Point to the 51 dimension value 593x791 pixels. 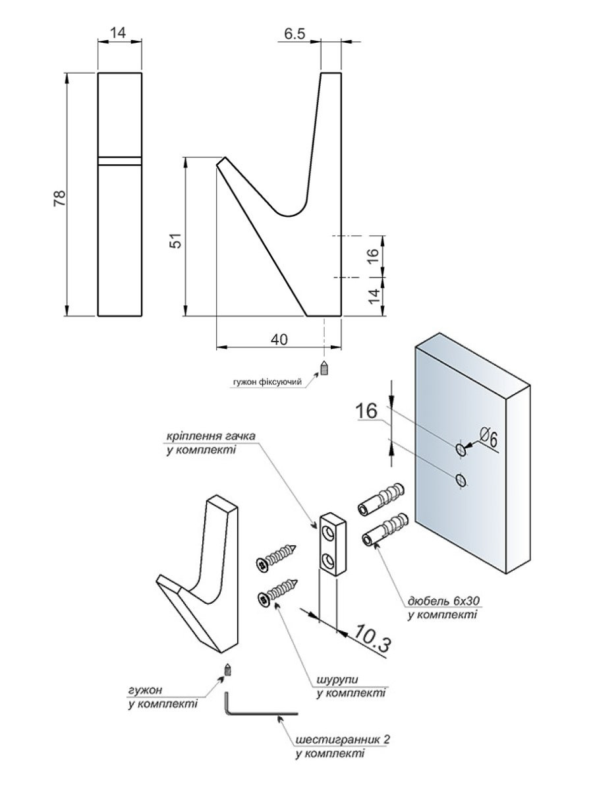click(175, 242)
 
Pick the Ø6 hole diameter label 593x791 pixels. click(488, 436)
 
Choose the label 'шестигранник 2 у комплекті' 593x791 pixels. click(342, 746)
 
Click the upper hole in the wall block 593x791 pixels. click(461, 450)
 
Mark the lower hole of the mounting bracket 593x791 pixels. click(327, 561)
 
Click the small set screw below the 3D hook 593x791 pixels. click(228, 670)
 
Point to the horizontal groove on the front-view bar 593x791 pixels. click(120, 160)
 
